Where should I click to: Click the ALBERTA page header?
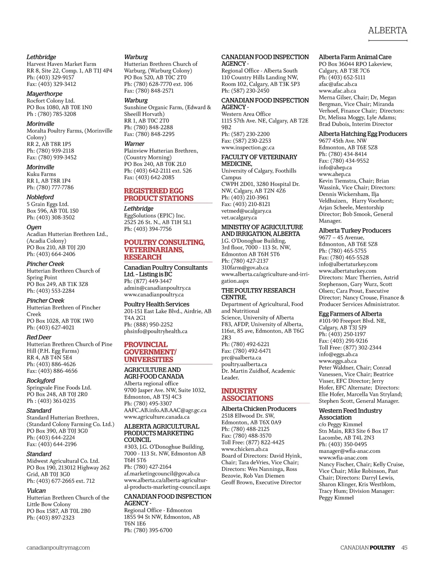point(387,30)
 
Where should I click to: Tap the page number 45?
point(404,547)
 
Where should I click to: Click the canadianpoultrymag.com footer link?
point(58,547)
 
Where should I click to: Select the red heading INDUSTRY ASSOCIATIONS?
point(247,395)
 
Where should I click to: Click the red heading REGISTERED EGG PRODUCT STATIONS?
point(159,194)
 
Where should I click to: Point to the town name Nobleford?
point(40,197)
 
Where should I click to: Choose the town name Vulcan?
point(36,490)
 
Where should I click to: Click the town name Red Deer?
point(39,337)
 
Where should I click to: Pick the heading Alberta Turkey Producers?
point(355,230)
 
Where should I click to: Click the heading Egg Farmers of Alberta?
point(350,314)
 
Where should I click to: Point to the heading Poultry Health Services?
point(157,304)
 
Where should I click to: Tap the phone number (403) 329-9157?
point(55,77)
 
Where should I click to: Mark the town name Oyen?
point(34,227)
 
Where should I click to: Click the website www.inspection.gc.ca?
point(248,147)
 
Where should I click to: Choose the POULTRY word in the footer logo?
point(382,547)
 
